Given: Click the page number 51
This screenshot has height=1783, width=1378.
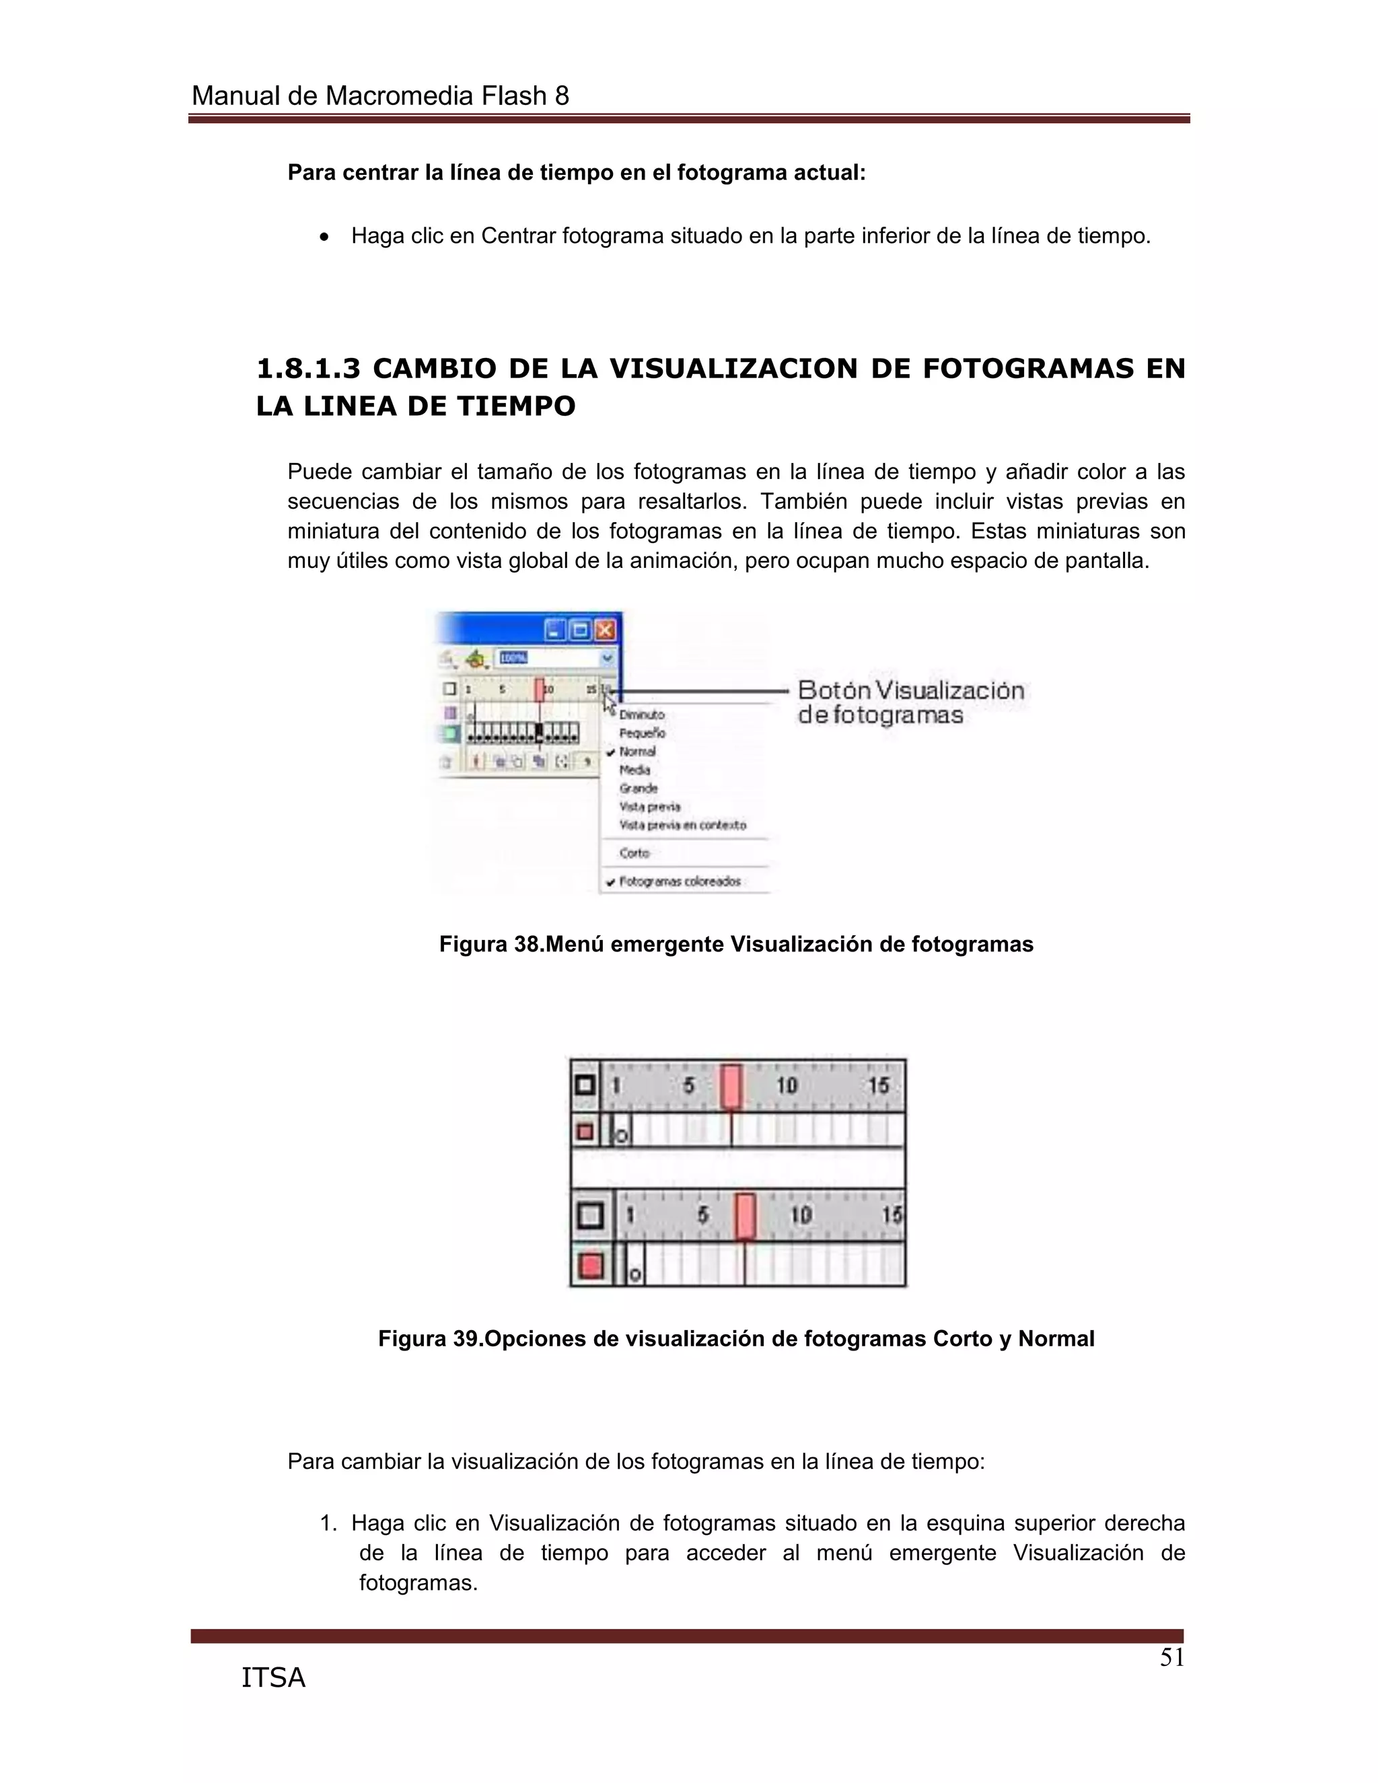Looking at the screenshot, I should pos(1171,1657).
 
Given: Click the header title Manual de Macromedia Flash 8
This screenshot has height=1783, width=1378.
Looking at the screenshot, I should pos(379,96).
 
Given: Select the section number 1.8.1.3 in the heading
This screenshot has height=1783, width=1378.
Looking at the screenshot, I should pos(307,369).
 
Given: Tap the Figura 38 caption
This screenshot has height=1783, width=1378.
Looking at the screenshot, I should pos(735,944).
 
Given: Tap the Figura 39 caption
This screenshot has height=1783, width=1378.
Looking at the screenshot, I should pos(735,1339).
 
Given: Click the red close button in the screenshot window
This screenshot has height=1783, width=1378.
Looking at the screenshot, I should pos(605,630).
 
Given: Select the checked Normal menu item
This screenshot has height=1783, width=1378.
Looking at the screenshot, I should pos(637,751).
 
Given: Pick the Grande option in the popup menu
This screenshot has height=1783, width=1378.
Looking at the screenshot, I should pos(638,788).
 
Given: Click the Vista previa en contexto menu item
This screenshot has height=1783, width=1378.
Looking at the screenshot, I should pos(682,825).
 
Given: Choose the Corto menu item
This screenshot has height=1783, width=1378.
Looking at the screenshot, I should pos(634,853).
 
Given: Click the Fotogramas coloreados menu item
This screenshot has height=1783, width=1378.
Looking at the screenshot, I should pos(679,881).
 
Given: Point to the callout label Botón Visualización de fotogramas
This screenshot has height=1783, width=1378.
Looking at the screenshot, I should pos(910,702).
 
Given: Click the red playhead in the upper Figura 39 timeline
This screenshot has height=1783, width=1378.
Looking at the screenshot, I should pos(731,1086).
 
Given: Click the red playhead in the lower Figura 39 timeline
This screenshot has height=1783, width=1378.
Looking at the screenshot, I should pos(745,1216).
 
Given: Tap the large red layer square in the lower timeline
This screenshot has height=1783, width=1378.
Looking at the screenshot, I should pos(590,1266).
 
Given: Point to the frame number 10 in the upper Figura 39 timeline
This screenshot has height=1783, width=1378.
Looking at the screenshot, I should pos(786,1086).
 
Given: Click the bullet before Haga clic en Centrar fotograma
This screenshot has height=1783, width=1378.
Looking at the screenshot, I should pos(325,238).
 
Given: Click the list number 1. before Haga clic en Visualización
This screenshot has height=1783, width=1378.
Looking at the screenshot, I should pos(328,1523).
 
